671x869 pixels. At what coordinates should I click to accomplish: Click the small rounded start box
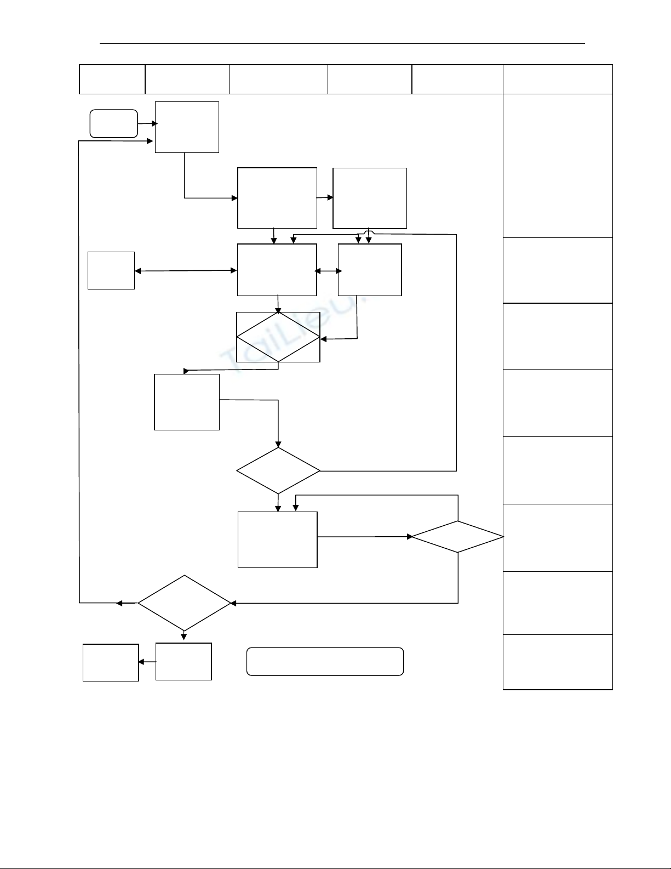tap(114, 123)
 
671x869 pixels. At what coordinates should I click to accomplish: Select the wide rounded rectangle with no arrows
tap(325, 661)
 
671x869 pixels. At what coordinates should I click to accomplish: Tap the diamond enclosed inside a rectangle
tap(278, 337)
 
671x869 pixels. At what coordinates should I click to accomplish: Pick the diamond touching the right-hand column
tap(457, 537)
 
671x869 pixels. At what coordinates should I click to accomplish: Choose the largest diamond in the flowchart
tap(185, 603)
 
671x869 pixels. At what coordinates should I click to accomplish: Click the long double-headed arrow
tap(186, 270)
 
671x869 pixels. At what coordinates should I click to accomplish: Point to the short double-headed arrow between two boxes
tap(328, 271)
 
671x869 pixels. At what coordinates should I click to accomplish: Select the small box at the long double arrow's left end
tap(111, 270)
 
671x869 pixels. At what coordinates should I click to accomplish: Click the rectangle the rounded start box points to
tap(187, 127)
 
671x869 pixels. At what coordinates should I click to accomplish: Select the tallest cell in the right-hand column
tap(558, 166)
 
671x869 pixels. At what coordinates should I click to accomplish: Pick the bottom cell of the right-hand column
tap(558, 662)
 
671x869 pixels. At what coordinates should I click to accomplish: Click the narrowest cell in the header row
tap(112, 79)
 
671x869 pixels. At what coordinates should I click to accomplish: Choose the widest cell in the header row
tap(558, 79)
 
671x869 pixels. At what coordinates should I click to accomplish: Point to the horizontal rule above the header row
tap(342, 43)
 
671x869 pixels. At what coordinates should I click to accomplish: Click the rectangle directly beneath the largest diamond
tap(183, 661)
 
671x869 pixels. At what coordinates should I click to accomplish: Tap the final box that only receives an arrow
tap(111, 662)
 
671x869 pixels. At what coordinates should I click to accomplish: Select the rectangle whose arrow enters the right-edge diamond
tap(278, 539)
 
